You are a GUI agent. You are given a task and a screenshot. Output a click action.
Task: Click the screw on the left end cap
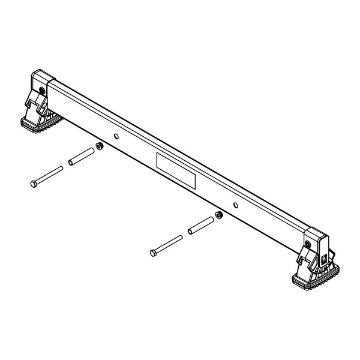(x=40, y=91)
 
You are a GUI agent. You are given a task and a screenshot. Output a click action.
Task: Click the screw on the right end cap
(x=308, y=244)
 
